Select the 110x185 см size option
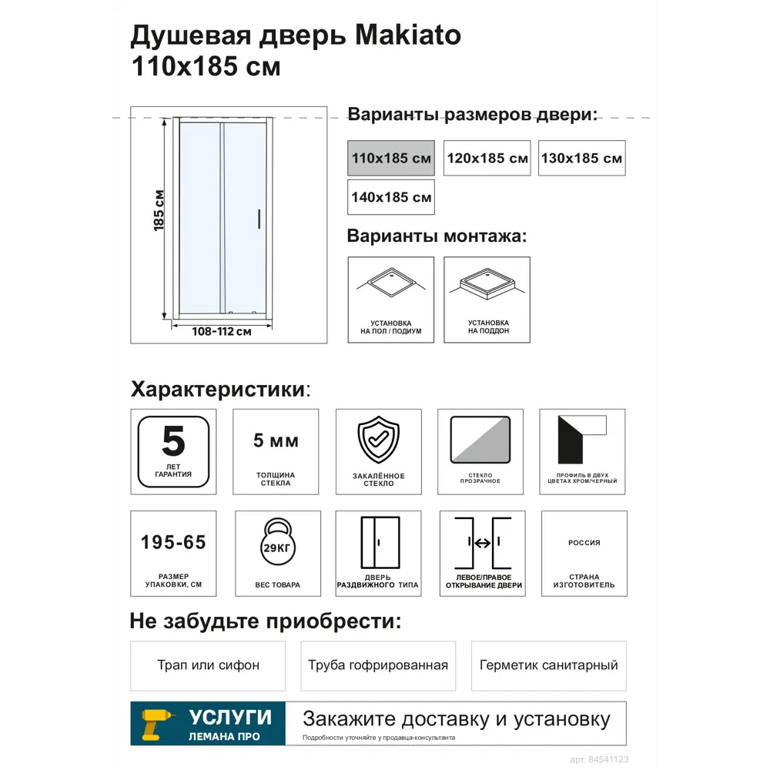391,158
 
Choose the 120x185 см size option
487,158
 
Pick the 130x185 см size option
581,158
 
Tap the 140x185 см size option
391,197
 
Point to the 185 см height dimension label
159,210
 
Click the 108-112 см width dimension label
222,332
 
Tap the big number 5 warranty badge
173,441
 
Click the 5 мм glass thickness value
276,441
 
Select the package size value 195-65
173,543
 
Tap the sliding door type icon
380,542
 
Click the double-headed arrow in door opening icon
483,543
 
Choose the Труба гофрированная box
378,665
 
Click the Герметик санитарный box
548,665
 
